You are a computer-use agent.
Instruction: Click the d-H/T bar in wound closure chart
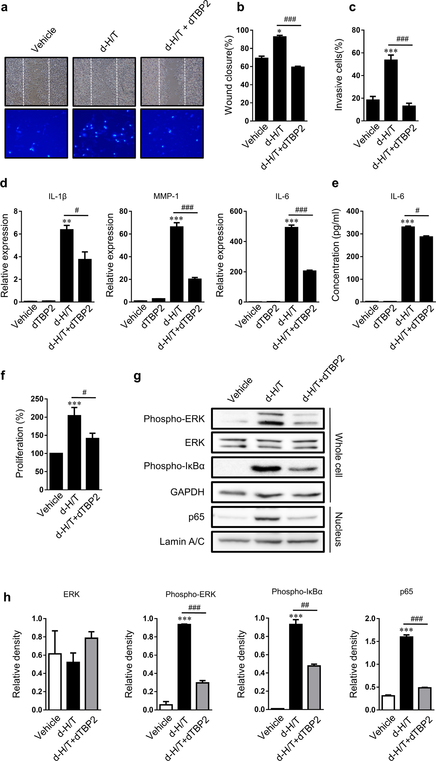(279, 79)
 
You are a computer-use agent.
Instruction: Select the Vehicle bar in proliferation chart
(56, 471)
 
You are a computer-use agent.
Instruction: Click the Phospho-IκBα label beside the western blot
(174, 466)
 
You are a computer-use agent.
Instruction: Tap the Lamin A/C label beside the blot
(182, 542)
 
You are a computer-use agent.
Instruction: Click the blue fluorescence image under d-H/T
(104, 134)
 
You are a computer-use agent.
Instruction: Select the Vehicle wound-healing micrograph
(36, 82)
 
